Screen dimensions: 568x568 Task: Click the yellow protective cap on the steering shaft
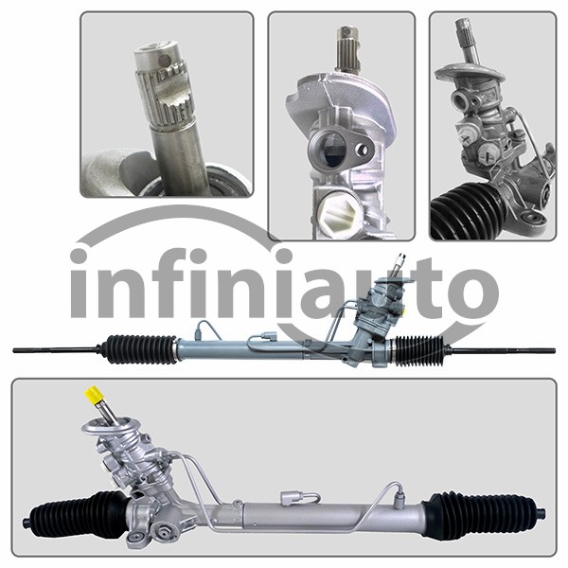pyautogui.click(x=95, y=395)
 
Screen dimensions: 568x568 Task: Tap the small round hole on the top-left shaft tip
pyautogui.click(x=166, y=59)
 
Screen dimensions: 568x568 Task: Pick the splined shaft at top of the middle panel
pyautogui.click(x=347, y=49)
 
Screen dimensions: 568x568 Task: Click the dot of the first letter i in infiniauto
pyautogui.click(x=80, y=257)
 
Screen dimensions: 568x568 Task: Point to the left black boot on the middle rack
pyautogui.click(x=140, y=349)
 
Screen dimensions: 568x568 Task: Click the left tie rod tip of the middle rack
pyautogui.click(x=14, y=350)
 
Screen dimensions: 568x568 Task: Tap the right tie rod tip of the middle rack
pyautogui.click(x=554, y=350)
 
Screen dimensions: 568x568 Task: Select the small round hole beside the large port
pyautogui.click(x=363, y=150)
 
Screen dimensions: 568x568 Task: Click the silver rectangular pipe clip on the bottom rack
pyautogui.click(x=291, y=497)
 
